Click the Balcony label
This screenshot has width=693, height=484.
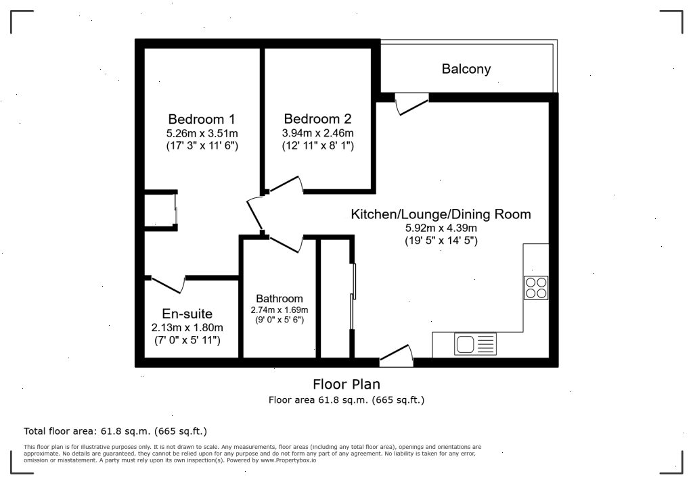tap(466, 69)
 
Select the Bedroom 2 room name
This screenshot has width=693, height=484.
tap(317, 118)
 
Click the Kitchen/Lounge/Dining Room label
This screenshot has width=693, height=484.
tap(441, 214)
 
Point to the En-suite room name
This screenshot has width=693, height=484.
tap(187, 314)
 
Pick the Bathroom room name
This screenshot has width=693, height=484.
tap(279, 299)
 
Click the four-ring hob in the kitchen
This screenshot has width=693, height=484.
tap(535, 288)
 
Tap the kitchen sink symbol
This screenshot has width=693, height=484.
tap(466, 345)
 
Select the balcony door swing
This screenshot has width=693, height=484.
tap(410, 103)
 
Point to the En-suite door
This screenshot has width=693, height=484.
tap(167, 284)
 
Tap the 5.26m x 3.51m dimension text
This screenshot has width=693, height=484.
tap(202, 132)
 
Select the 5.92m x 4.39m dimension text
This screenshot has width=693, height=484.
tap(441, 228)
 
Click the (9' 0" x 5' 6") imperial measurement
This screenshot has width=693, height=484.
tap(279, 319)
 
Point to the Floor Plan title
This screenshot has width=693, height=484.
tap(346, 385)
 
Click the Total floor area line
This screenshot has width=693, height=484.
tap(115, 431)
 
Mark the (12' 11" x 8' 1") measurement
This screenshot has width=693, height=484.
tap(317, 145)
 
